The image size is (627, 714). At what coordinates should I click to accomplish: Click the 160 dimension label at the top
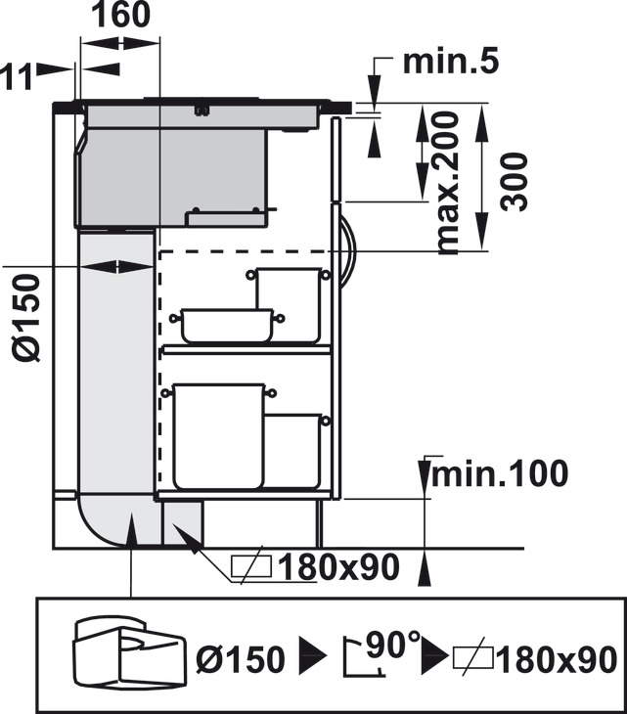(120, 14)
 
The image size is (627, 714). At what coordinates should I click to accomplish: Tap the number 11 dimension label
(17, 76)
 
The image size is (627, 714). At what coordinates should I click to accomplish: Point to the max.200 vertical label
(448, 183)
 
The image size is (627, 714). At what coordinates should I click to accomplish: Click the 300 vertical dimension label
(515, 182)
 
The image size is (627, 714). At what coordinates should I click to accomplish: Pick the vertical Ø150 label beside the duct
(26, 318)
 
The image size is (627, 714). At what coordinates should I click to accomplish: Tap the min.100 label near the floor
(500, 474)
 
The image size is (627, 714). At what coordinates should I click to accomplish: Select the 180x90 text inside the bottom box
(557, 659)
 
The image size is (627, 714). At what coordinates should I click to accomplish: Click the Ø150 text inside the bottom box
(240, 659)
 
